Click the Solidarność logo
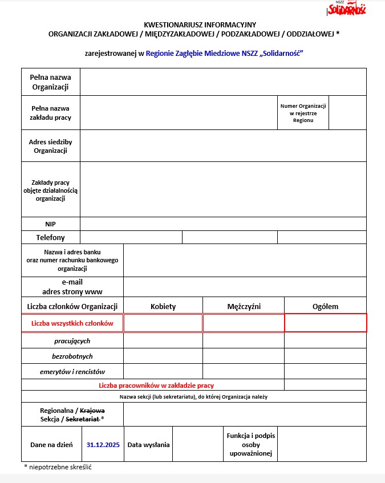(x=347, y=9)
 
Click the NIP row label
(x=50, y=224)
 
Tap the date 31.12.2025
(x=103, y=444)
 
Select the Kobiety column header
(x=163, y=306)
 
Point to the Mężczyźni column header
(x=244, y=306)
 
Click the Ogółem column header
(x=325, y=306)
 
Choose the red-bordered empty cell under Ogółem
(x=325, y=323)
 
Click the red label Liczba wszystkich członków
(x=72, y=323)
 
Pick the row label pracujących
(x=72, y=341)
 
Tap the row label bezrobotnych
(x=72, y=356)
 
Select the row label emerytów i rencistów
(x=72, y=372)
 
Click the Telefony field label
(x=50, y=237)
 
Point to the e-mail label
(x=72, y=282)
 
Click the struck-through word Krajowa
(x=92, y=410)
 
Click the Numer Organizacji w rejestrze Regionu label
(x=303, y=113)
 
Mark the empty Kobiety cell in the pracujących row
(x=163, y=341)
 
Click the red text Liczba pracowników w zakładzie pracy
(x=156, y=385)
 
